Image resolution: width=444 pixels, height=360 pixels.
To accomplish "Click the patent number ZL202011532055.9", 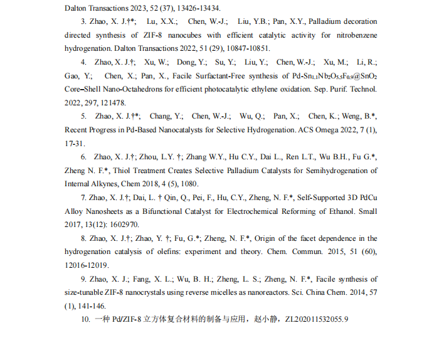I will tap(316, 319).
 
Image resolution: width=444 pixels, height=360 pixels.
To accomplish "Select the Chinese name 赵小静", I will tap(265, 319).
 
